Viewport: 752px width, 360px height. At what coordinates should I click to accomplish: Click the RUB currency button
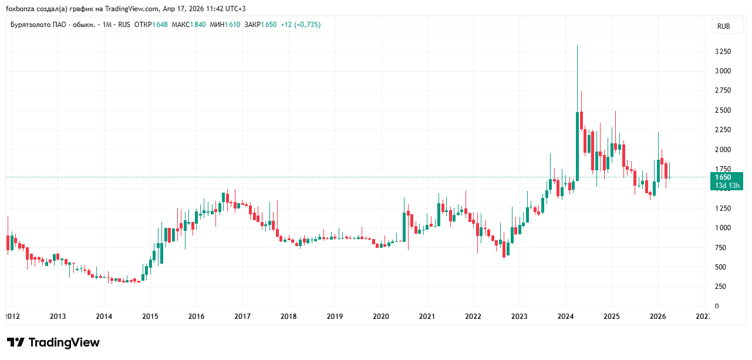click(723, 26)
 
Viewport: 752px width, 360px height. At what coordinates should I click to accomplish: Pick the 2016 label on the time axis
click(196, 317)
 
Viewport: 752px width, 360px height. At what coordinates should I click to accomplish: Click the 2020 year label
click(381, 317)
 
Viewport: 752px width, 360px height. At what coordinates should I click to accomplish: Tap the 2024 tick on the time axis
click(565, 317)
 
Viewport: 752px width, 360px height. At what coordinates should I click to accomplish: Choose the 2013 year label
click(58, 317)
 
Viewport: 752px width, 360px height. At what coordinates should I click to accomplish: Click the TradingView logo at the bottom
click(53, 342)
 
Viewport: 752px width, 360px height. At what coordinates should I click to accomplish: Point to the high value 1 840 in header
click(197, 25)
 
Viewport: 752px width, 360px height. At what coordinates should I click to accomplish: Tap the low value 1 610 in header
click(232, 25)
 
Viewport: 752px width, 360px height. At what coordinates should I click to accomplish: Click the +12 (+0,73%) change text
click(301, 25)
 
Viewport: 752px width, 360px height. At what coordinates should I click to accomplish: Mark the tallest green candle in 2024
click(578, 146)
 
